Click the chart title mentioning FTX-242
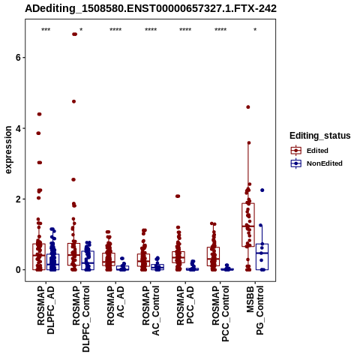[x=151, y=9]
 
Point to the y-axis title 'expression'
[x=8, y=150]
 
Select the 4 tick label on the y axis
[x=18, y=128]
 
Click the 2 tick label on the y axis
[x=18, y=199]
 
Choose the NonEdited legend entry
[x=316, y=163]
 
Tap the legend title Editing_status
[x=320, y=136]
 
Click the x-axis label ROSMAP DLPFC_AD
[x=46, y=310]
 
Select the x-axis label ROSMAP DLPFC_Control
[x=81, y=319]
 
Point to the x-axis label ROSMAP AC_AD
[x=115, y=305]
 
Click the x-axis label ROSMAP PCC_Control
[x=220, y=313]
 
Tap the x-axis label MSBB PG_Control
[x=255, y=310]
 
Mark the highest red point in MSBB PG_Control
[x=248, y=107]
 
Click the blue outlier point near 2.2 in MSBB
[x=262, y=190]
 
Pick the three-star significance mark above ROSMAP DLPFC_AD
[x=46, y=30]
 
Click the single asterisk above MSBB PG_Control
[x=255, y=30]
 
